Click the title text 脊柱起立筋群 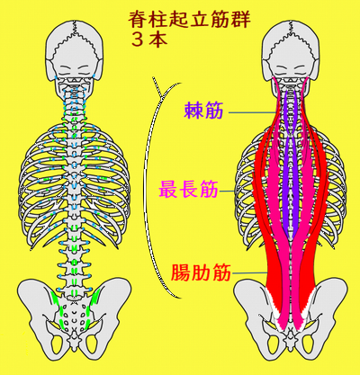coord(190,20)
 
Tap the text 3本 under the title coord(149,40)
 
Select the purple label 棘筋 coord(203,111)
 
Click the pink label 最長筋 coord(188,190)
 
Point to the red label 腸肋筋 coord(201,272)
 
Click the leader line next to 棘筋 coord(252,113)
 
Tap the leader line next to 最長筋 coord(227,192)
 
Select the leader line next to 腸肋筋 coord(249,272)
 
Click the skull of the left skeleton coord(75,51)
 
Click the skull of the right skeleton coord(291,51)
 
